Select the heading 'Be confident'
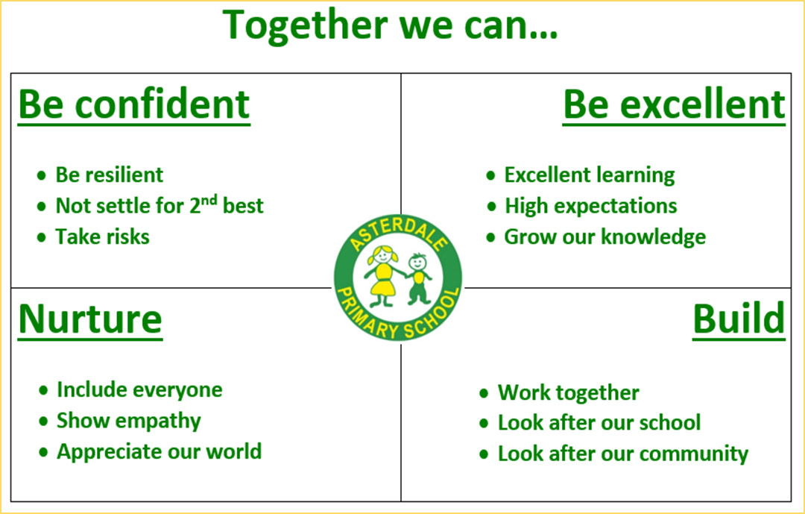[x=134, y=105]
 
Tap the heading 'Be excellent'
[x=674, y=105]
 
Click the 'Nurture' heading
[x=90, y=320]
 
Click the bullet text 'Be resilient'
[x=110, y=175]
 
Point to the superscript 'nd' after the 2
[x=209, y=199]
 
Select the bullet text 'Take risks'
[x=103, y=237]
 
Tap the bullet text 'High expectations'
[x=591, y=206]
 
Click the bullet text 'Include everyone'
[x=139, y=390]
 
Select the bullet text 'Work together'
[x=569, y=393]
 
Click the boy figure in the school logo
[x=419, y=278]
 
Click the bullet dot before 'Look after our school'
[x=484, y=424]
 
